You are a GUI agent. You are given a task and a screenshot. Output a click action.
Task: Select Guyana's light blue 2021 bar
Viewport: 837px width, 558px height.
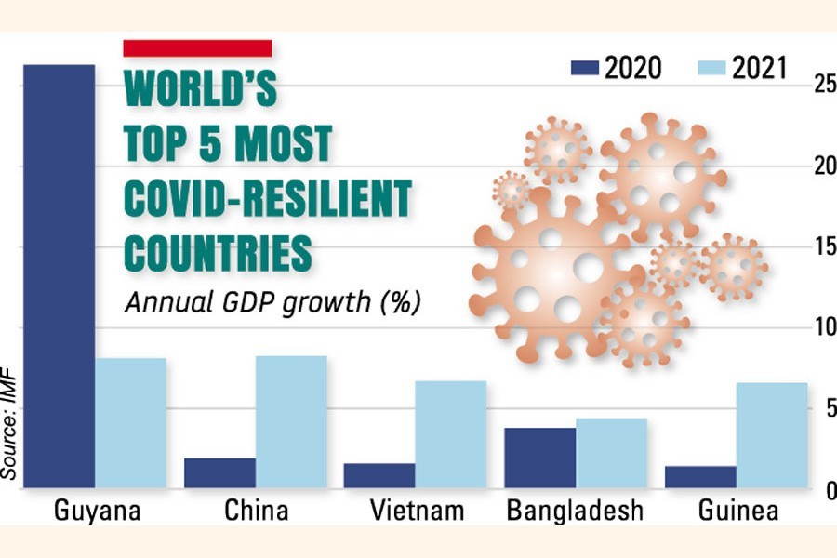click(x=130, y=422)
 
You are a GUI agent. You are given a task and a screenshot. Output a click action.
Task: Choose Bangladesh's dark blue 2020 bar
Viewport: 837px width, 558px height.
click(x=539, y=458)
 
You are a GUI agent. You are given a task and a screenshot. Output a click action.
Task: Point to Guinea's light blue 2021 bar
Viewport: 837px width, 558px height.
click(x=772, y=434)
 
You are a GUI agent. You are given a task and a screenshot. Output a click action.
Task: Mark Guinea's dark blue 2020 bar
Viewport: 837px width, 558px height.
click(x=700, y=476)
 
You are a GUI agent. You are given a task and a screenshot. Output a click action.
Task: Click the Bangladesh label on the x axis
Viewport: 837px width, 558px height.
click(x=575, y=511)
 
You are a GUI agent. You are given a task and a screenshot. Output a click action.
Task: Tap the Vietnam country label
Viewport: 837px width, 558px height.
click(x=415, y=511)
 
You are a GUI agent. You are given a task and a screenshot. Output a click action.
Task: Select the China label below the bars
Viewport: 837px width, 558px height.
click(x=256, y=511)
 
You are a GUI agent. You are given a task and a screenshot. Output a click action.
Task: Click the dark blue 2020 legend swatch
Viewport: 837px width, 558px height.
click(x=583, y=67)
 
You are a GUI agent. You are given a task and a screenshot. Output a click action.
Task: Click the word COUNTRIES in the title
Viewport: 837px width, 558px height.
click(x=218, y=252)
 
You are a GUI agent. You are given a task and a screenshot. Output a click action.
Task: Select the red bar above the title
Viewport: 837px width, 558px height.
click(x=197, y=47)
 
